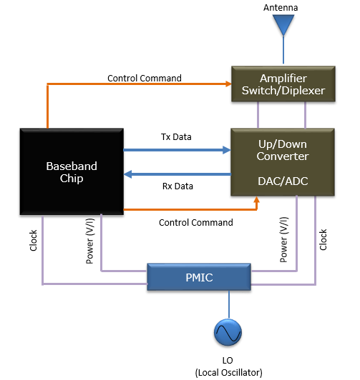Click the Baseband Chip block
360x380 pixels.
[72, 171]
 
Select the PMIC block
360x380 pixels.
[199, 277]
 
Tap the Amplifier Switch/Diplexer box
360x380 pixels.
[283, 84]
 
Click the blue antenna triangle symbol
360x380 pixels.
[283, 25]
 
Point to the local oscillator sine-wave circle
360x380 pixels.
[228, 332]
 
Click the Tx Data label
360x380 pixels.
[176, 137]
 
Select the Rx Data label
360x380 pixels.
[177, 186]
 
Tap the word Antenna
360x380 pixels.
[281, 8]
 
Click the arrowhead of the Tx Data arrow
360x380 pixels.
[227, 150]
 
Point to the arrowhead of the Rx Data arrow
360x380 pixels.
[127, 174]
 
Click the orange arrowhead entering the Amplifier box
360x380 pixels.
[228, 84]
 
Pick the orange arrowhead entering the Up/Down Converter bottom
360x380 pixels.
[257, 200]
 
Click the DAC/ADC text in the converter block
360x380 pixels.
[283, 181]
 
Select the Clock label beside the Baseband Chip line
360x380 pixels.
[33, 241]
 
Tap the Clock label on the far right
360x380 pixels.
[323, 239]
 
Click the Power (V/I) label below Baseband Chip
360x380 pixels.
[89, 241]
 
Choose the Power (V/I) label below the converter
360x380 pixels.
[283, 240]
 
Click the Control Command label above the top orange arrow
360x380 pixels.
[145, 79]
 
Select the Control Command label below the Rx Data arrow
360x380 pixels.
[196, 222]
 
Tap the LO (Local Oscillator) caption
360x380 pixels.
[229, 366]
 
